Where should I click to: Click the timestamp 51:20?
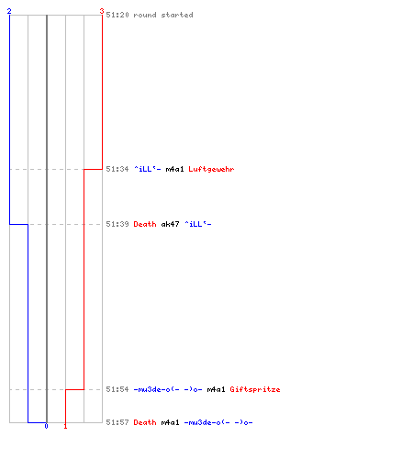(117, 15)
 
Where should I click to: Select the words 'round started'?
(163, 15)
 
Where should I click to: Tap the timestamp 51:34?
(117, 169)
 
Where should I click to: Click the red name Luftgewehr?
(211, 169)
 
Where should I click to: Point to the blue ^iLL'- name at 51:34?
(147, 169)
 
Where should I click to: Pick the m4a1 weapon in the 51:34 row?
(174, 169)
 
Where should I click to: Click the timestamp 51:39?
(117, 224)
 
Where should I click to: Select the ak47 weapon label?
(170, 224)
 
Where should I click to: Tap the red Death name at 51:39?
(145, 224)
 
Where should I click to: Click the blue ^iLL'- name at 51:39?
(197, 224)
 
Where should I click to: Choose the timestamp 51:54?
(117, 389)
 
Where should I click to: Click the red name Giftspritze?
(255, 389)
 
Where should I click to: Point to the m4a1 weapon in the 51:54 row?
(216, 389)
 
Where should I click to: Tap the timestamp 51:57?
(117, 422)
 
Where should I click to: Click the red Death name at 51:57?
(145, 422)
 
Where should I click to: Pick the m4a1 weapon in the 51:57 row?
(170, 422)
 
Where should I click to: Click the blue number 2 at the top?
(9, 11)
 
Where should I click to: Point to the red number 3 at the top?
(102, 11)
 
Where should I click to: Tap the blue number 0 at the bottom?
(46, 426)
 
